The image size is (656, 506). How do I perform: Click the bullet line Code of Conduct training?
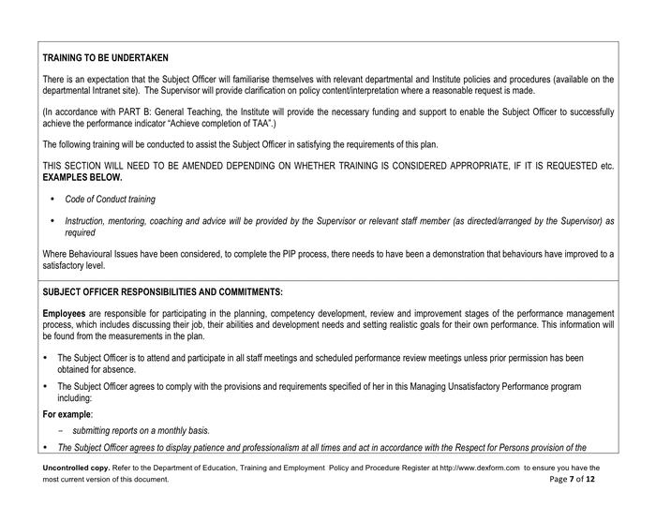(x=110, y=200)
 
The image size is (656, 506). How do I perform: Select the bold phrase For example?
(x=67, y=411)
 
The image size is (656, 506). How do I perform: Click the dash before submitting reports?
(x=59, y=429)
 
